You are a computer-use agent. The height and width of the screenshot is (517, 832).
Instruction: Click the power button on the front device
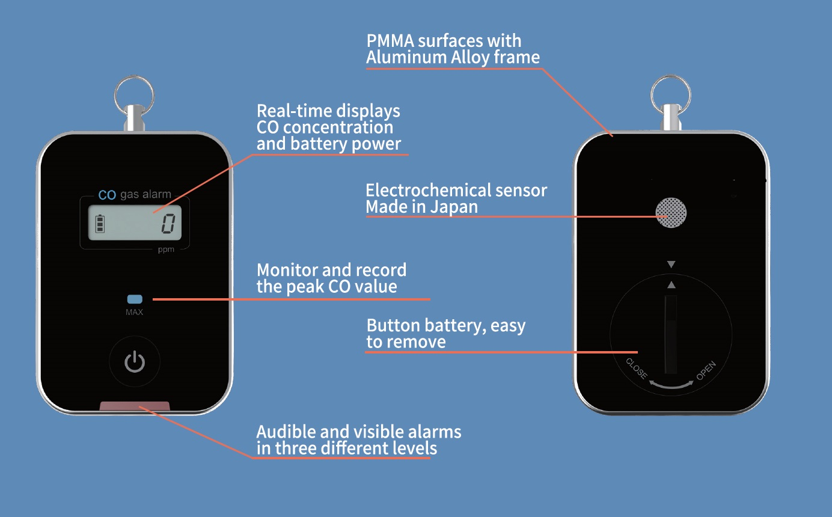(x=135, y=361)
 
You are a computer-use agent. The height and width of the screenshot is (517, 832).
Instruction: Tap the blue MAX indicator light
(x=135, y=299)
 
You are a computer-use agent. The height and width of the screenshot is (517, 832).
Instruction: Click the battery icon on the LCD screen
(x=100, y=224)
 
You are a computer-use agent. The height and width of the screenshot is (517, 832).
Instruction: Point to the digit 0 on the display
(x=168, y=224)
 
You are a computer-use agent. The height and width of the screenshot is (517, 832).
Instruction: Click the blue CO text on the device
(x=107, y=195)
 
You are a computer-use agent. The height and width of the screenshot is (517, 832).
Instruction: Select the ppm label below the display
(x=166, y=249)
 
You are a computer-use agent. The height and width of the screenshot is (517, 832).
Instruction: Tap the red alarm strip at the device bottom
(x=135, y=406)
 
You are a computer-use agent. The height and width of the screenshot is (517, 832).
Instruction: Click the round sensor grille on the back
(x=671, y=212)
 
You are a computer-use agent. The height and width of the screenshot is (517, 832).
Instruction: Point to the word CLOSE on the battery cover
(x=636, y=369)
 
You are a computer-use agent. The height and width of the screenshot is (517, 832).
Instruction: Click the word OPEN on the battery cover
(x=706, y=370)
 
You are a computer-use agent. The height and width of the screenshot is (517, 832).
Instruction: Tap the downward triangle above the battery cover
(x=671, y=265)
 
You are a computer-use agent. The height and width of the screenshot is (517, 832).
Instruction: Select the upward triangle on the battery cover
(x=671, y=285)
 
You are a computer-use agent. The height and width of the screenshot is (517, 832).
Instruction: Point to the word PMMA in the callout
(x=390, y=41)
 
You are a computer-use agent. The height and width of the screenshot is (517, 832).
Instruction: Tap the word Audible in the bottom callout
(x=286, y=432)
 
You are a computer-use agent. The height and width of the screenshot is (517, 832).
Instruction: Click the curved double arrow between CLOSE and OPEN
(x=671, y=387)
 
